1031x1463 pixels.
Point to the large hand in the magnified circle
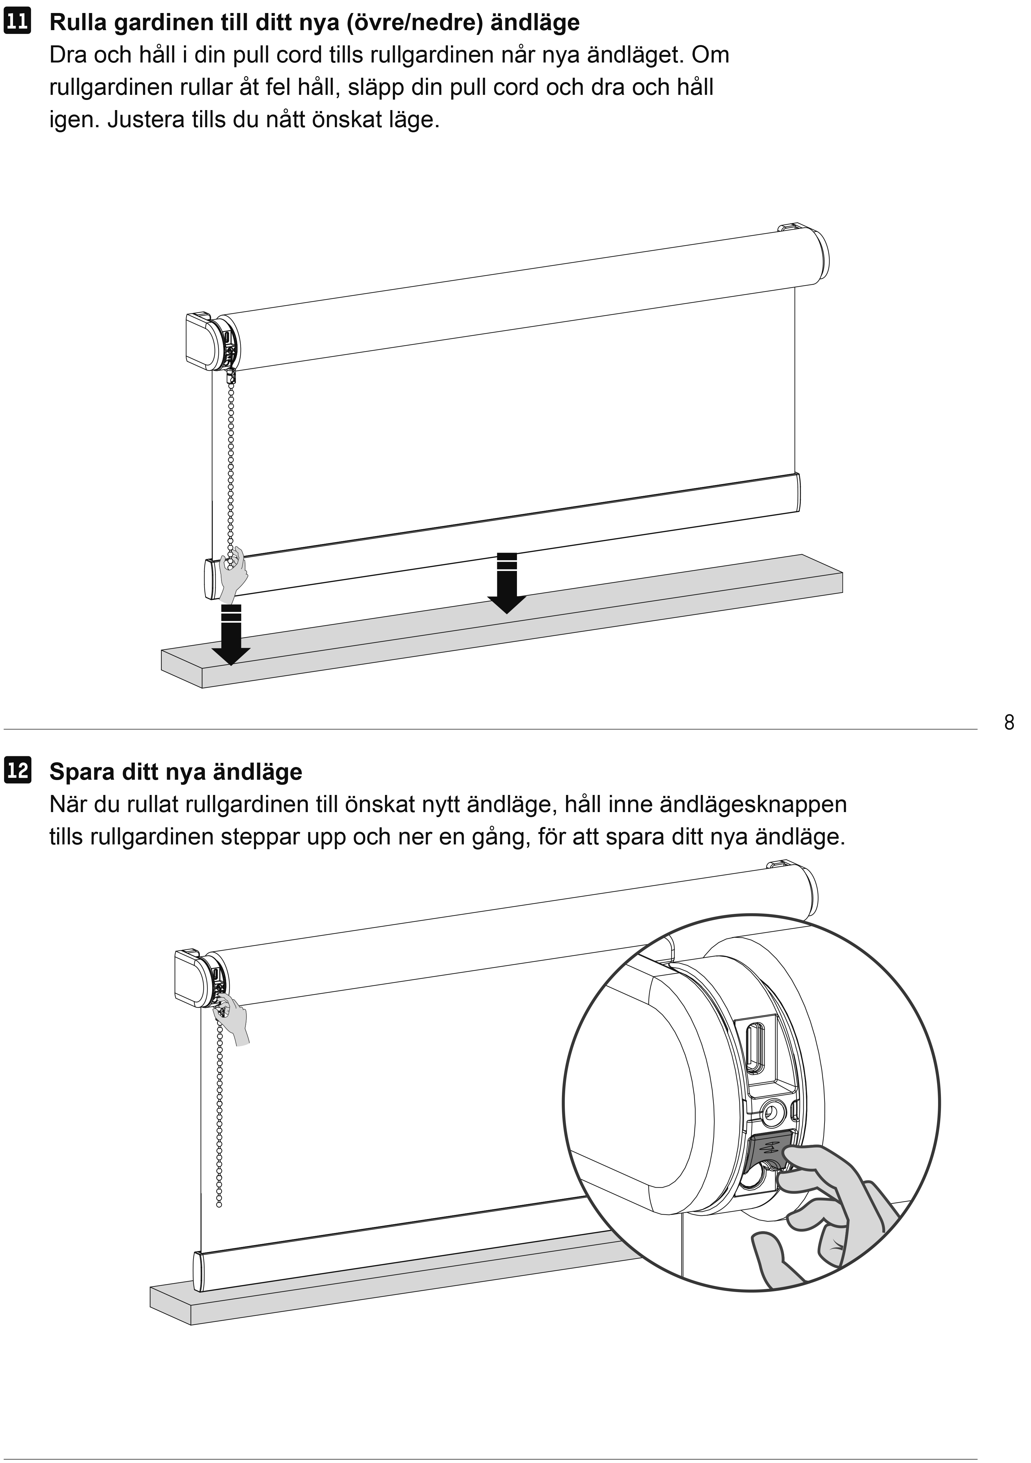pyautogui.click(x=828, y=1211)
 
